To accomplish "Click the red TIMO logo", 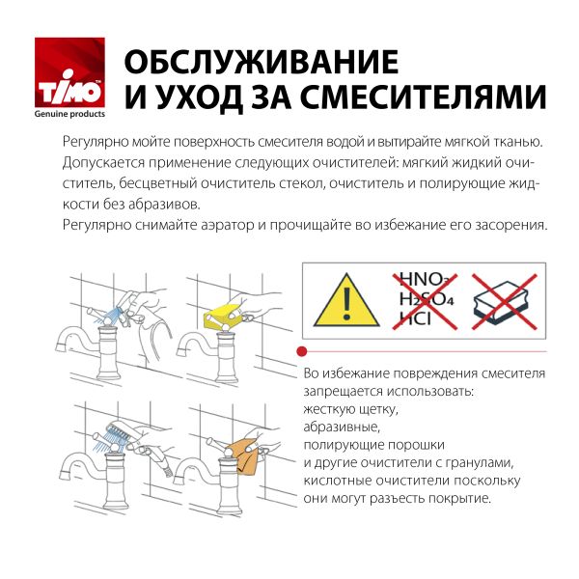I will point(70,73).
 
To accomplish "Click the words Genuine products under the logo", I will point(70,114).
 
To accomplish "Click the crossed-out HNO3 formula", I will point(422,279).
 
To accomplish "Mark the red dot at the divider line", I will point(303,349).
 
